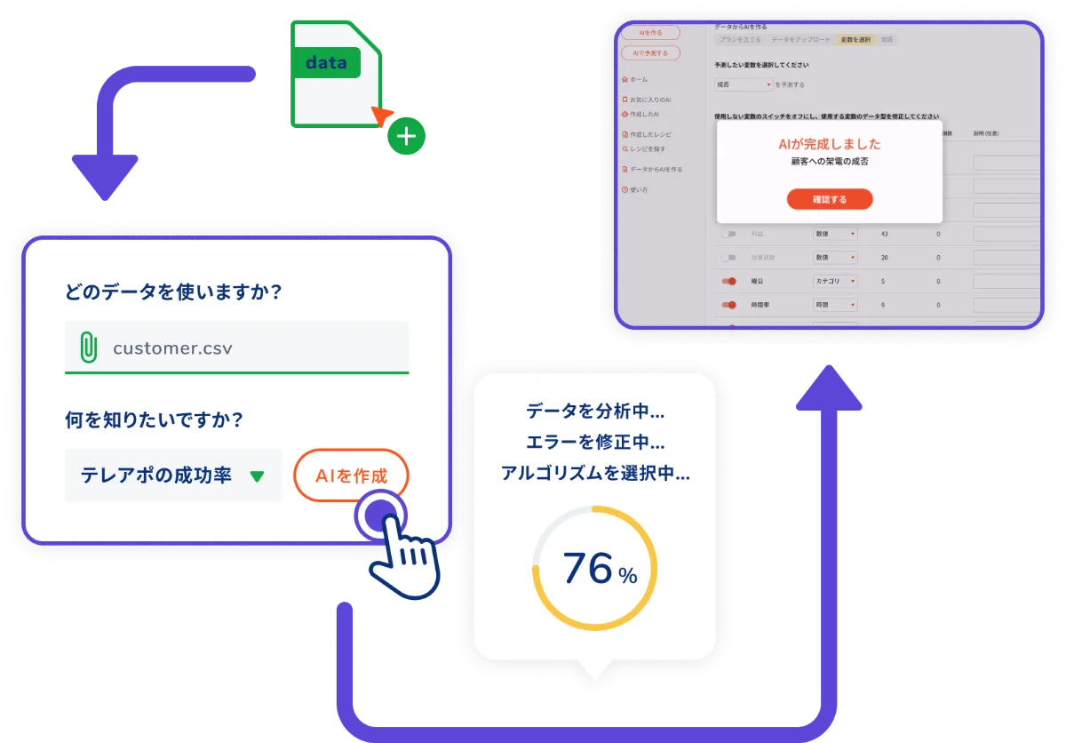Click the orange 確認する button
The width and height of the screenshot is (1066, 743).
pyautogui.click(x=830, y=199)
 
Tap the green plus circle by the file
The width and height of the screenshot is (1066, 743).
pyautogui.click(x=406, y=136)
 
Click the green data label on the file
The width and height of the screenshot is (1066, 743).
pyautogui.click(x=326, y=63)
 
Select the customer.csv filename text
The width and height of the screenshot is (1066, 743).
pyautogui.click(x=172, y=348)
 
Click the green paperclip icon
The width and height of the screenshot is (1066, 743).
pyautogui.click(x=88, y=347)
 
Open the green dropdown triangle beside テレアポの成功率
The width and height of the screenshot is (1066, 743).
pyautogui.click(x=257, y=476)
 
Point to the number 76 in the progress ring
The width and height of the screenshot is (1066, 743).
pyautogui.click(x=588, y=568)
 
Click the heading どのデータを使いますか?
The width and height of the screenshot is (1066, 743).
pyautogui.click(x=173, y=292)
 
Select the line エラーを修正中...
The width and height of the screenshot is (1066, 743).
pyautogui.click(x=594, y=442)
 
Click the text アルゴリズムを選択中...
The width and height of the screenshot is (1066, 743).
pyautogui.click(x=594, y=473)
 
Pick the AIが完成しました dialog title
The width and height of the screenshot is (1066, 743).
pyautogui.click(x=829, y=144)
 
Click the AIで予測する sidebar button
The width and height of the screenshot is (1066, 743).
pyautogui.click(x=650, y=53)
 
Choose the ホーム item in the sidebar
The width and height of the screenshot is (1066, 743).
pyautogui.click(x=638, y=79)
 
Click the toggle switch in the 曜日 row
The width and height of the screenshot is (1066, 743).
pyautogui.click(x=730, y=281)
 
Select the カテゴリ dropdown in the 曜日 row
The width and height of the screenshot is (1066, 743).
pyautogui.click(x=835, y=281)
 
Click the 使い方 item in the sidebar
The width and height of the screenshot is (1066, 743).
pyautogui.click(x=638, y=189)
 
